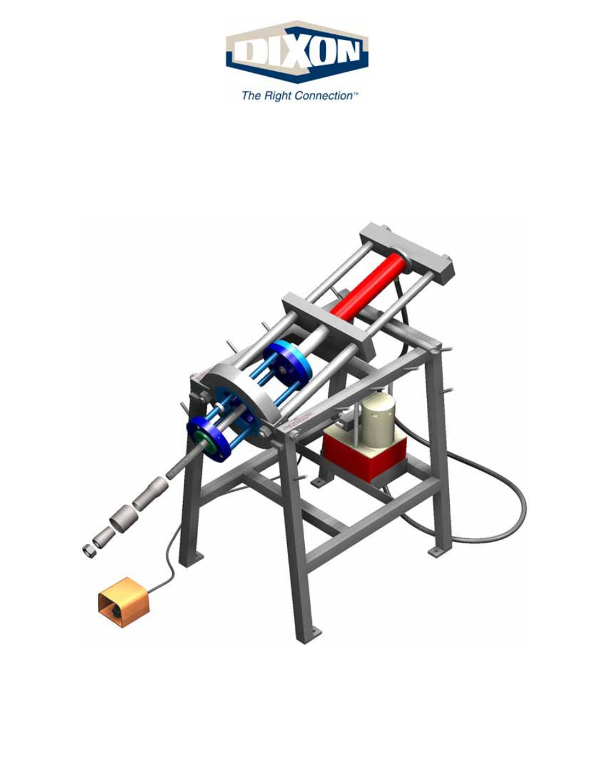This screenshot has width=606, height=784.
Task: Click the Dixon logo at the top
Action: click(297, 51)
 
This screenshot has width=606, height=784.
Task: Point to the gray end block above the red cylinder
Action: click(407, 251)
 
